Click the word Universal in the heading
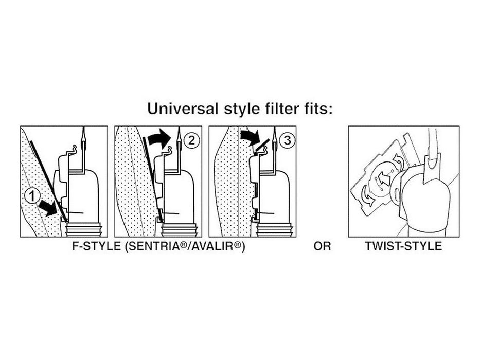(183, 109)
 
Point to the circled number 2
(191, 140)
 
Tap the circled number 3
(287, 140)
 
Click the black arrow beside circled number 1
(48, 208)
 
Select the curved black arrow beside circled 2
(159, 138)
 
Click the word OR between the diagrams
(322, 246)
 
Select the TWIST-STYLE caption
(403, 246)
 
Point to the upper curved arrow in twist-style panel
(398, 160)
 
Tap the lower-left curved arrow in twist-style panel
(367, 195)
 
